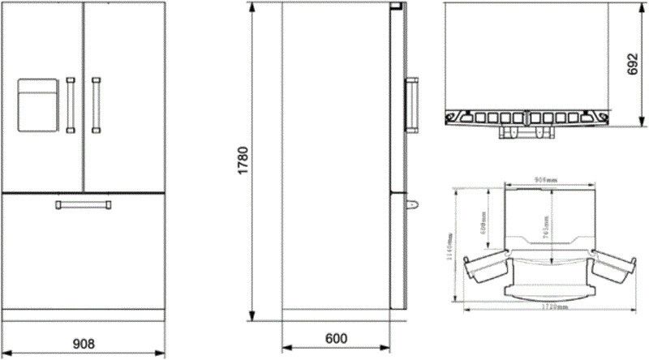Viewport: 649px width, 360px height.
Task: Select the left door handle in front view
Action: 71,104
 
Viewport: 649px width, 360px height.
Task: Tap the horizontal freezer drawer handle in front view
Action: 84,204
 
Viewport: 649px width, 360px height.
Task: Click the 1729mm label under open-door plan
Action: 551,308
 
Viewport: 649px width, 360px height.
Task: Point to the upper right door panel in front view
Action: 123,97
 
